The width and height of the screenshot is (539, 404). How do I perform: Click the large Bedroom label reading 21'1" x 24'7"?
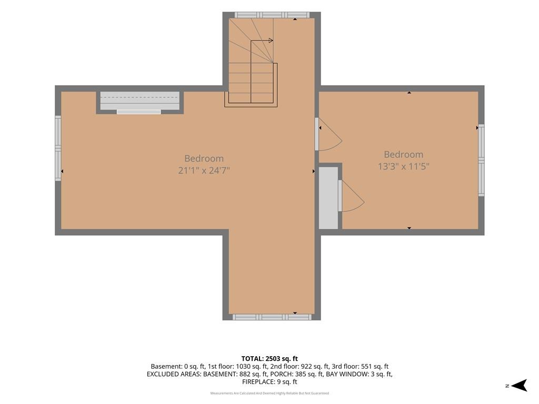(204, 164)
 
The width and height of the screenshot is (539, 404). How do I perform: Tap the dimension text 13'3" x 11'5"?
(404, 167)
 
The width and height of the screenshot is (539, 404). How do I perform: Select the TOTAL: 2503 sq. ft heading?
(269, 359)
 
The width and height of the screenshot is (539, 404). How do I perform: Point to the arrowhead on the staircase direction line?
(271, 41)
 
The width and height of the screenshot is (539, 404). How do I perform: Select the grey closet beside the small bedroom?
(328, 198)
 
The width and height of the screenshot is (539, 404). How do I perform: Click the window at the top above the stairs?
(272, 15)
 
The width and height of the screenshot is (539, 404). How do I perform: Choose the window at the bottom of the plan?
(272, 317)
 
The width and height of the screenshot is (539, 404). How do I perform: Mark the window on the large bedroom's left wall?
(58, 148)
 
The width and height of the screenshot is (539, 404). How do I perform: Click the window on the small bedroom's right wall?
(481, 160)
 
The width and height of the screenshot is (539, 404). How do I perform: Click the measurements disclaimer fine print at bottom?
(269, 393)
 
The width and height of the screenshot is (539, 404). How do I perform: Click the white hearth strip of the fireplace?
(139, 112)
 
